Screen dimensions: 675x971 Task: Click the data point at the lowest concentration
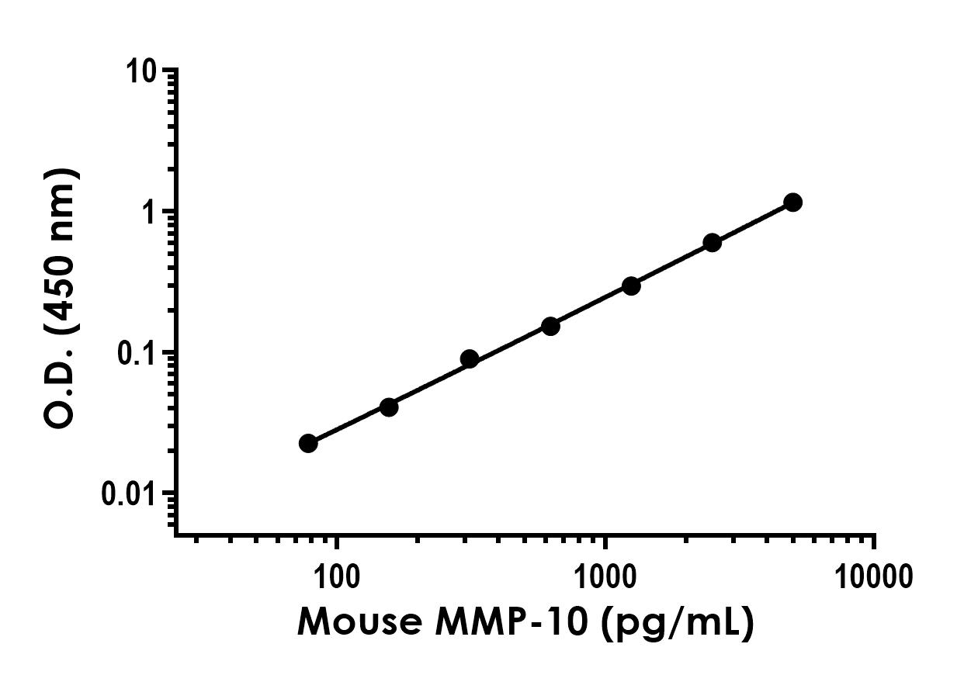308,443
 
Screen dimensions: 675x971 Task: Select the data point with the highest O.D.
792,202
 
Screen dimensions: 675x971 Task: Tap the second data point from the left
389,407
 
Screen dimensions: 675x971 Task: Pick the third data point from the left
469,358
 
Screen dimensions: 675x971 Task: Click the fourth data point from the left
550,326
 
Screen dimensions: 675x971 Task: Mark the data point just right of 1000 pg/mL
631,286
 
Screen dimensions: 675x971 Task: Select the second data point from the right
712,243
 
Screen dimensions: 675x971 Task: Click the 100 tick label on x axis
336,576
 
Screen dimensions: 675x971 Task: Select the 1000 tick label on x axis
605,576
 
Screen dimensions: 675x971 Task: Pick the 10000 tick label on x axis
874,576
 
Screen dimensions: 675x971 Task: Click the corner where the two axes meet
176,534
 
